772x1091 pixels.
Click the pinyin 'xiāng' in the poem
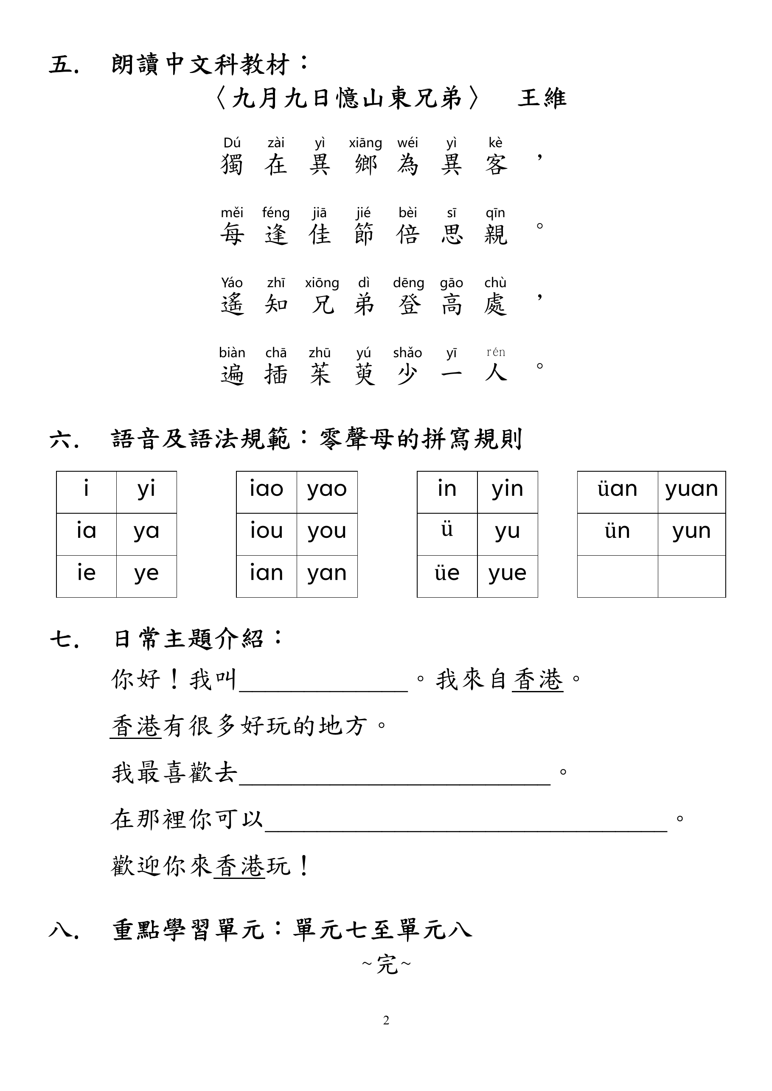[x=365, y=143]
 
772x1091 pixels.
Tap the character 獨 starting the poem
[x=232, y=165]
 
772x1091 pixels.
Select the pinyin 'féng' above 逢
[x=276, y=213]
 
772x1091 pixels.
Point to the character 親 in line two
[x=495, y=235]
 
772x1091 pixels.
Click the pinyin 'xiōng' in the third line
[x=322, y=283]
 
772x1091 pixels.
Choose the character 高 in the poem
[x=451, y=305]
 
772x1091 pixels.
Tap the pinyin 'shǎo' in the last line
[x=407, y=353]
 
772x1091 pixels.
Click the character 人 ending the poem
[x=495, y=373]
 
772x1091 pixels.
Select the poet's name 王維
[x=542, y=98]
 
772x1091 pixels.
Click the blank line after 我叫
[x=323, y=684]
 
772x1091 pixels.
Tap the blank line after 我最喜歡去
[x=395, y=778]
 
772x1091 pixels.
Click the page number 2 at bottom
[x=386, y=1020]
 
